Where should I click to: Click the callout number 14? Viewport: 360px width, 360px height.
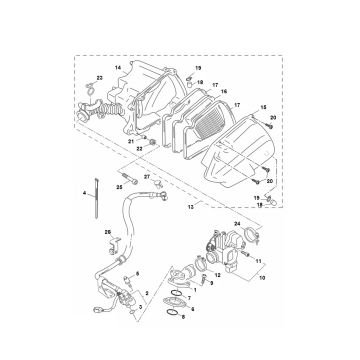[x=116, y=67]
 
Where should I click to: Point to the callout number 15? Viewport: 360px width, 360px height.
[x=263, y=105]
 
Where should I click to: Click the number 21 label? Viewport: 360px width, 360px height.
[x=129, y=143]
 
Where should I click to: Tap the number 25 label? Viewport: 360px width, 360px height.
[x=120, y=185]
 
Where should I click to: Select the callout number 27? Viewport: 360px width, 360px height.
[x=146, y=177]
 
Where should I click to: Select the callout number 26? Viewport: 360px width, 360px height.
[x=107, y=232]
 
